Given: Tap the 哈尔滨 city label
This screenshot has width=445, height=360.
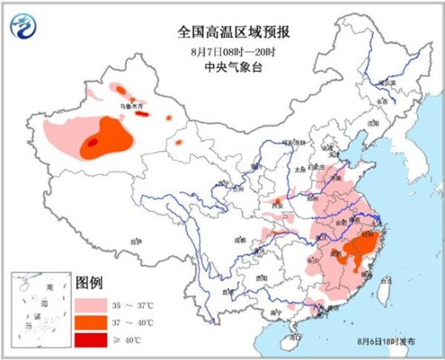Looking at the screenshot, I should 388,83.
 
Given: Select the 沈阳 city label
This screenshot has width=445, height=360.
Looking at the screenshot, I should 373,123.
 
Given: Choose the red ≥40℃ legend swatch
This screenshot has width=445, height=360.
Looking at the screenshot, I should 92,340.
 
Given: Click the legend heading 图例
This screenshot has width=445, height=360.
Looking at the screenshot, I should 89,285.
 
